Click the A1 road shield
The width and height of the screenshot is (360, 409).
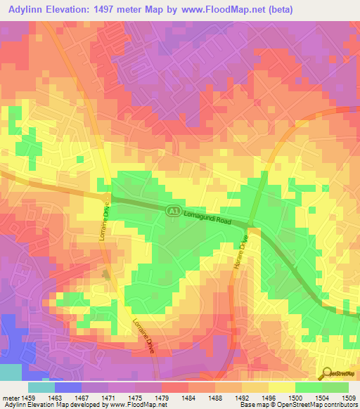pos(171,210)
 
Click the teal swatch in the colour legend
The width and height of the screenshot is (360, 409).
pos(41,387)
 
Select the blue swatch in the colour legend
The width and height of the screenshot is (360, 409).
pos(68,387)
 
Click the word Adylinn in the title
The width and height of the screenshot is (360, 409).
pos(29,9)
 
